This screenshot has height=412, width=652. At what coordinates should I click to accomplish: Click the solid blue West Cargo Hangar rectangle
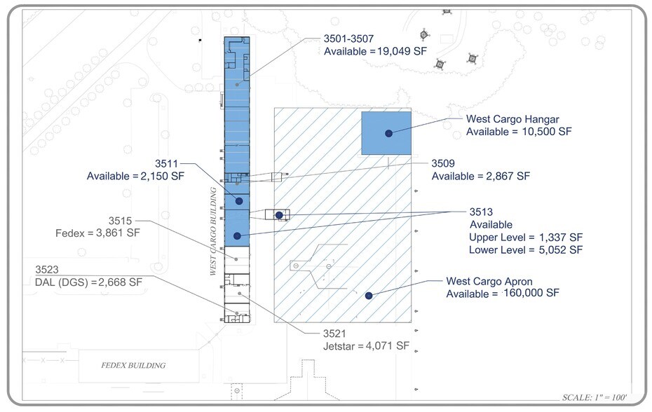tap(386, 133)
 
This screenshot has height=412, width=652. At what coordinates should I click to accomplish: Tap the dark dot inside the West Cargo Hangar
tap(389, 133)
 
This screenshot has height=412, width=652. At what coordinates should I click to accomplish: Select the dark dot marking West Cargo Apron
tap(369, 296)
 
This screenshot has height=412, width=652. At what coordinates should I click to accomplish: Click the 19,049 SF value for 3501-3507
tap(402, 51)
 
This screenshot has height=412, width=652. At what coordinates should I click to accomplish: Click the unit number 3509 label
tap(443, 163)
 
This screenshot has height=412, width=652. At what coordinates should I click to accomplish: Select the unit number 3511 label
tap(166, 163)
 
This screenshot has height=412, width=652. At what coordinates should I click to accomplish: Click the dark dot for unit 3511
tap(239, 201)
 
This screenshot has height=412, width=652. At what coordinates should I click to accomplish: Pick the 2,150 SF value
tap(162, 176)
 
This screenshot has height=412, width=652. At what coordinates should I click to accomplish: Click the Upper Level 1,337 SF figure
tap(561, 238)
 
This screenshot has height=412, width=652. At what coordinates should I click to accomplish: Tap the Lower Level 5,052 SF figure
tap(561, 250)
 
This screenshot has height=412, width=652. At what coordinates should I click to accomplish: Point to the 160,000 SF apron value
tap(531, 293)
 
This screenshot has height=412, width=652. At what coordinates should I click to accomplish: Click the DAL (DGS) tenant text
tap(62, 282)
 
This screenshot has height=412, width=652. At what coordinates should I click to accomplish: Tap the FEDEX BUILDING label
tap(133, 366)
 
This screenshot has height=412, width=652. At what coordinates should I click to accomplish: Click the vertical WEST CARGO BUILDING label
tap(213, 231)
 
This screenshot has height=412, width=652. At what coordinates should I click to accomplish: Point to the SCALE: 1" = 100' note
tap(595, 397)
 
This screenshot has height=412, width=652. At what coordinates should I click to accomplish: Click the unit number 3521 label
tap(334, 334)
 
